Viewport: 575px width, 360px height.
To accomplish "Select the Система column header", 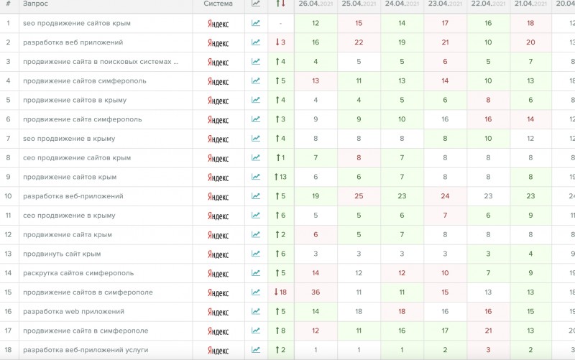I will click(x=218, y=4).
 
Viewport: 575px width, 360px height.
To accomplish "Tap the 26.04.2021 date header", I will click(x=316, y=4).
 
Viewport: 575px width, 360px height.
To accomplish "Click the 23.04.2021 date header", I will click(x=445, y=4).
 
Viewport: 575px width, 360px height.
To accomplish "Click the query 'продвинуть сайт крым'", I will click(x=62, y=254).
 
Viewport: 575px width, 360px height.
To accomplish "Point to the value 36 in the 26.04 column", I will click(x=316, y=292).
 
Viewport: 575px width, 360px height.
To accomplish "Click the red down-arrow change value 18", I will click(x=280, y=292).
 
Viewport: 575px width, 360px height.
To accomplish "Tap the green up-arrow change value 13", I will click(x=281, y=177).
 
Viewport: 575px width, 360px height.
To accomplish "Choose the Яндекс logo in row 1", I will click(x=218, y=24).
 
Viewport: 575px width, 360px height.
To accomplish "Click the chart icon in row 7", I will click(x=256, y=139).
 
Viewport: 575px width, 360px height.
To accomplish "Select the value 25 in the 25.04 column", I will click(x=359, y=196).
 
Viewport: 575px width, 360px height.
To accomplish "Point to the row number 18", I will click(x=8, y=350).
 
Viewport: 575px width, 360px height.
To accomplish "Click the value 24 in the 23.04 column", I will click(x=445, y=196).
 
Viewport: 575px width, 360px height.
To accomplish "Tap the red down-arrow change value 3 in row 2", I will click(x=280, y=42).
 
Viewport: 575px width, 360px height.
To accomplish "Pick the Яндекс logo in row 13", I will click(x=218, y=254).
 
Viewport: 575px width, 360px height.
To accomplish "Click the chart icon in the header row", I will click(x=256, y=4).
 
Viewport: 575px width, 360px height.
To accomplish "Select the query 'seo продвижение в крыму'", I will click(x=69, y=139).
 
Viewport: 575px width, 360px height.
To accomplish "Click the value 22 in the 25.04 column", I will click(x=359, y=42).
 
